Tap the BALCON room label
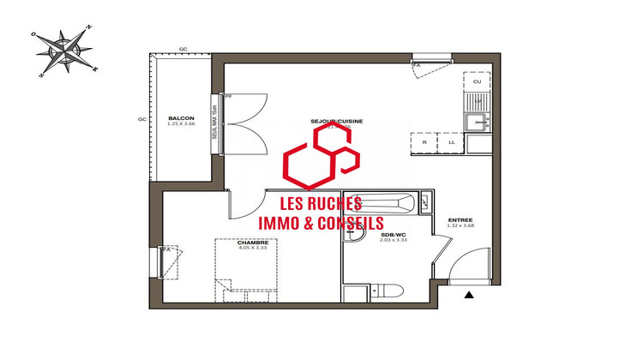point(181,117)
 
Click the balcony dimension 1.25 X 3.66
point(181,124)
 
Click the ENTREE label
point(460,219)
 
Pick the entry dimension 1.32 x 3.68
point(460,225)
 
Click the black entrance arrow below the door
point(469,296)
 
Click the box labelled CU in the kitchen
point(477,81)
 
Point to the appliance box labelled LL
point(452,143)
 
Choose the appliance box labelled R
point(425,143)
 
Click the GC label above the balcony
point(183,50)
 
